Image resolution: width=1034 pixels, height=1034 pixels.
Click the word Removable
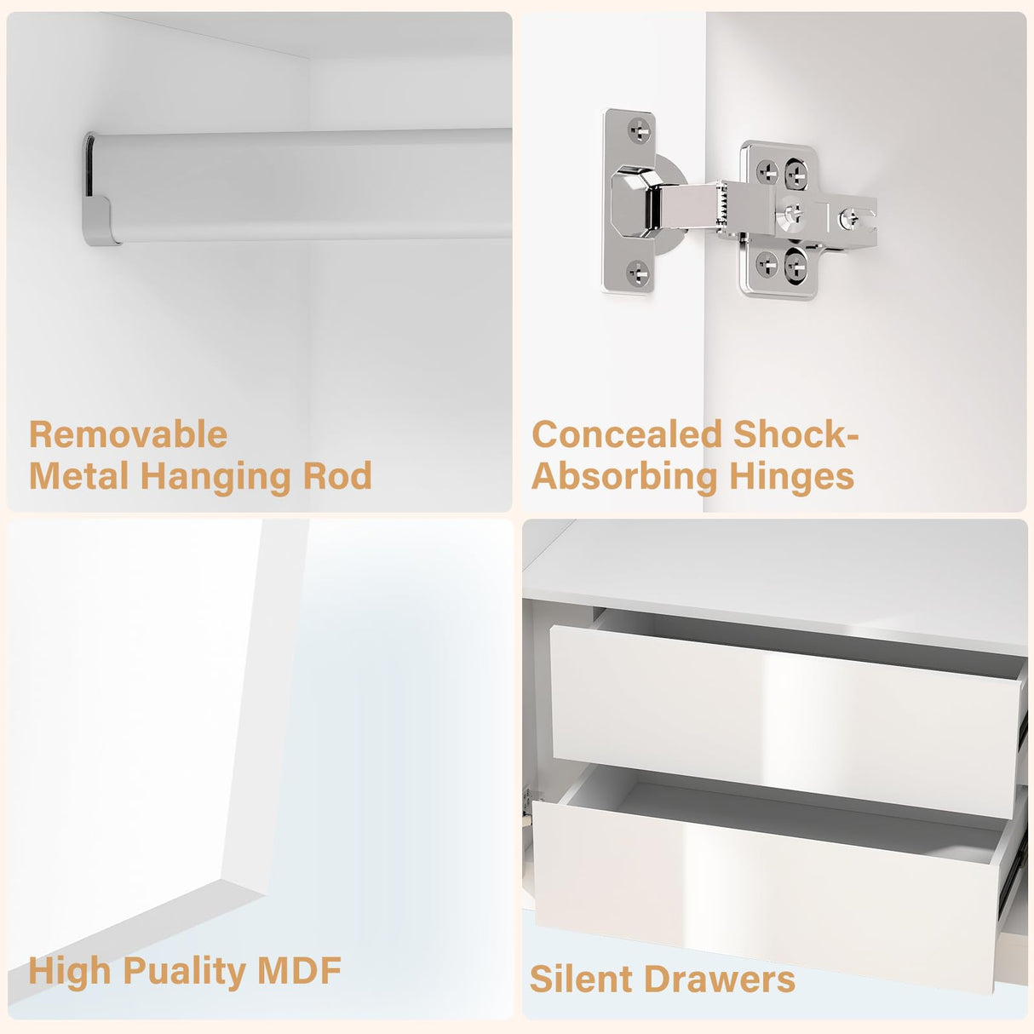[x=129, y=434]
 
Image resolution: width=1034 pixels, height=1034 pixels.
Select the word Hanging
[x=215, y=478]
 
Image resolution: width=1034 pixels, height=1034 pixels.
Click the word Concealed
[x=627, y=434]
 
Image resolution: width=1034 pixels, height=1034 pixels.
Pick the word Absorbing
[x=624, y=478]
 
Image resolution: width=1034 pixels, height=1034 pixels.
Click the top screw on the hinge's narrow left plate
[x=639, y=129]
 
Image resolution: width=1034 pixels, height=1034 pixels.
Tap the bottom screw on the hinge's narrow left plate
[x=639, y=272]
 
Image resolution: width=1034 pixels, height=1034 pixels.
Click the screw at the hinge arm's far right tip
[x=849, y=217]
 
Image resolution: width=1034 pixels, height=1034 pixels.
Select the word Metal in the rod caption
[x=78, y=475]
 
